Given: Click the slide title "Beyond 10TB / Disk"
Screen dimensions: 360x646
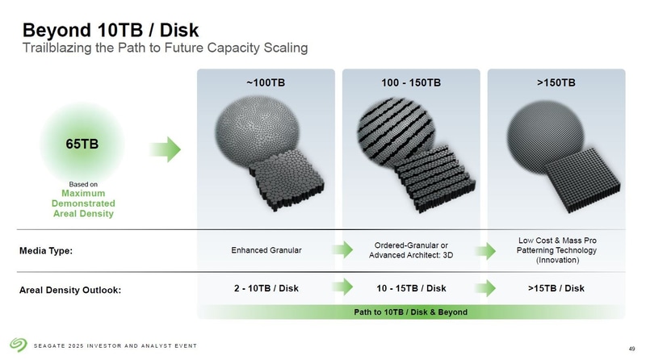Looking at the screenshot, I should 111,30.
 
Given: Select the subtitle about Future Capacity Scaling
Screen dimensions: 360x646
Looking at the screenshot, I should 164,48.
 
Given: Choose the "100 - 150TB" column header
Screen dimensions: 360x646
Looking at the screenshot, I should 410,82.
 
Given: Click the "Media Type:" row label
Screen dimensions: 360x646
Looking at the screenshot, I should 45,251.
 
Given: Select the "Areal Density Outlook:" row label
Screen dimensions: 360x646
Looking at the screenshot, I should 70,290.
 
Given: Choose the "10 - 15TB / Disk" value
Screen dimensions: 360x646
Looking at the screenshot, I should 411,289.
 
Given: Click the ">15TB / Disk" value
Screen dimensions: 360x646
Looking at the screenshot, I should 556,289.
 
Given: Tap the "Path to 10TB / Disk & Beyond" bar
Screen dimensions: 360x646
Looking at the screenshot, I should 411,311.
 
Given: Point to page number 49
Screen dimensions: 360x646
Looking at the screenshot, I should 631,348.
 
